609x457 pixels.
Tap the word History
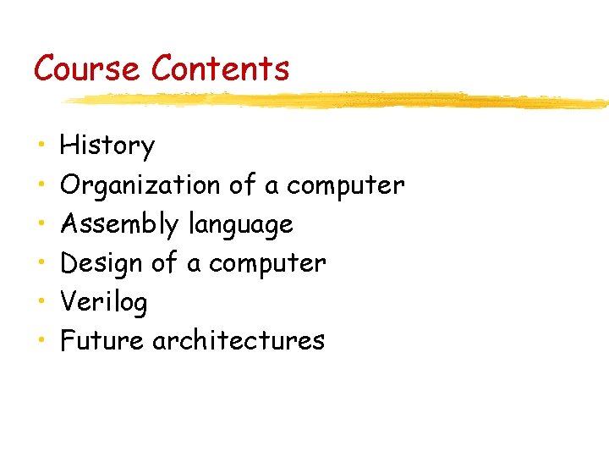pos(107,146)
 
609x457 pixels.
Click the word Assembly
pos(120,224)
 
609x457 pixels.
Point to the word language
pos(240,225)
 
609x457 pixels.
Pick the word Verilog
pos(104,302)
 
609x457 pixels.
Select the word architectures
pos(239,340)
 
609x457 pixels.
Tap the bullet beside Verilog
pos(41,301)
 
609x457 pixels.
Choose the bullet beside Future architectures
pos(41,340)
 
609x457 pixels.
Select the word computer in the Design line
pos(266,263)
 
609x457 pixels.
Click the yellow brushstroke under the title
pos(338,100)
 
